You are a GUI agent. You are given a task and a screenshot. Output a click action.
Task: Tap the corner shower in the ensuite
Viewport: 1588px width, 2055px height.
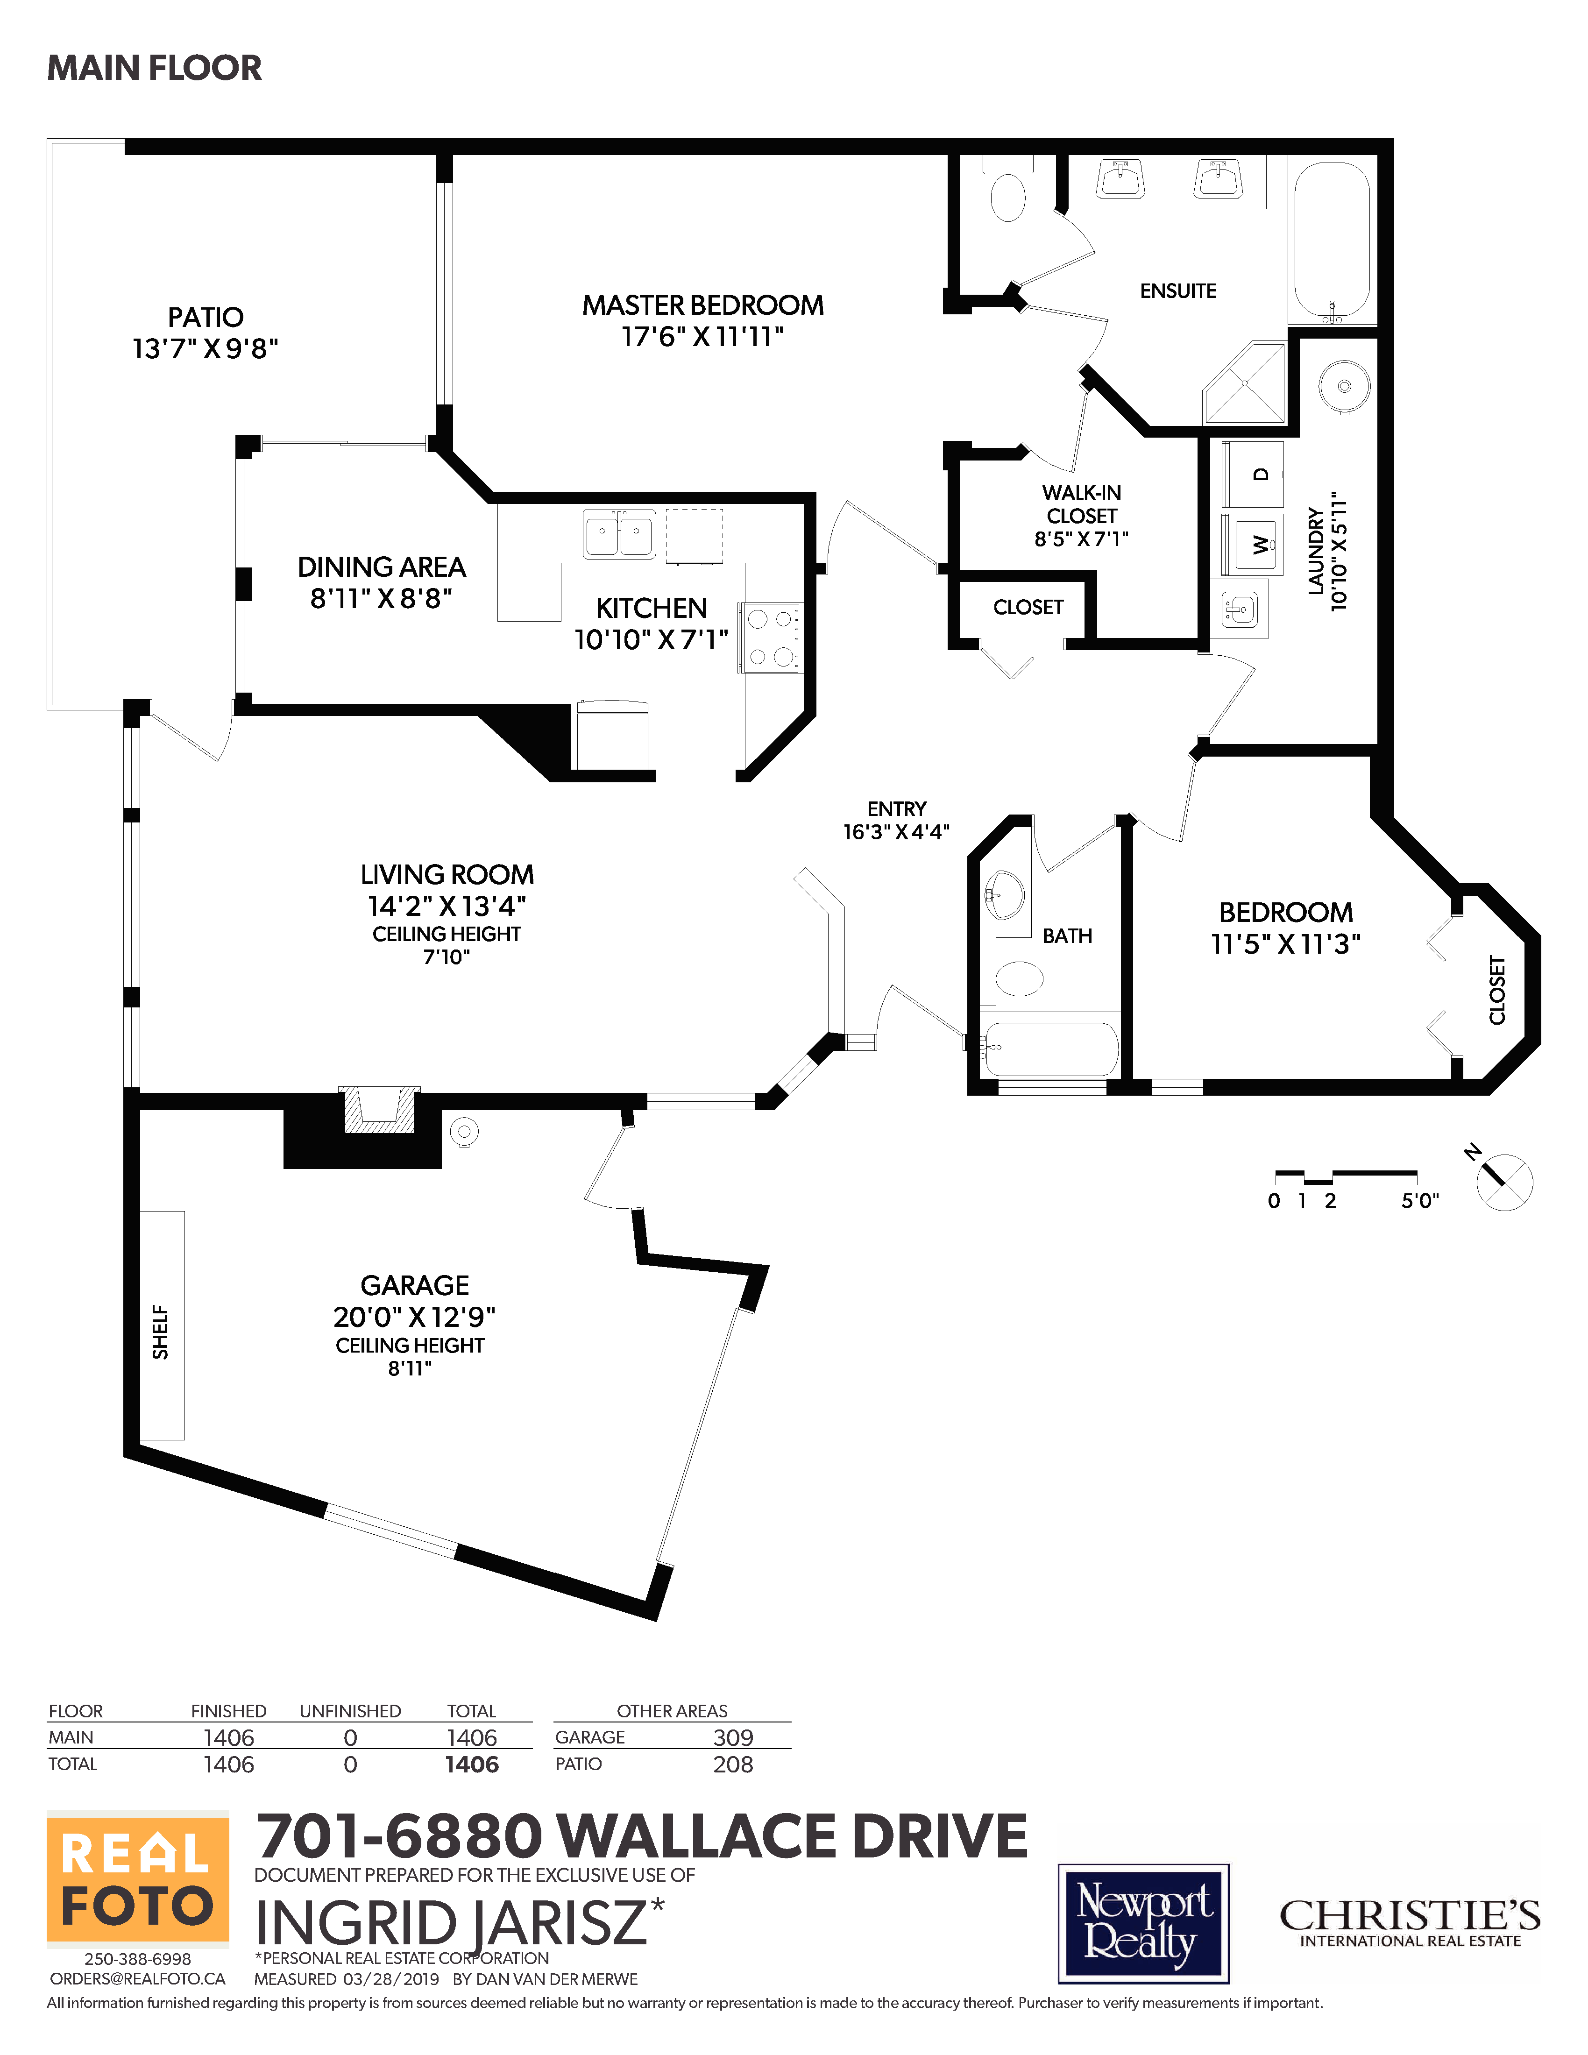coord(1245,383)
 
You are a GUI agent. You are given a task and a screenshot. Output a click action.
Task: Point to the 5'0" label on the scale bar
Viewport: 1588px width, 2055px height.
coord(1419,1201)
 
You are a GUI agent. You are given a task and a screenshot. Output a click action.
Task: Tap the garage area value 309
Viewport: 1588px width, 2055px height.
coord(733,1737)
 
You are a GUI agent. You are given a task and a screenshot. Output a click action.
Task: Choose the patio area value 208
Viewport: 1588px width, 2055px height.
coord(733,1764)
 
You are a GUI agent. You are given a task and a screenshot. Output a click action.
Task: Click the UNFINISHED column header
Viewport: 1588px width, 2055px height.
coord(350,1711)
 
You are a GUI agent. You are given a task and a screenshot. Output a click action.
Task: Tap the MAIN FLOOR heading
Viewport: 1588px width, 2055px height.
coord(154,68)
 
